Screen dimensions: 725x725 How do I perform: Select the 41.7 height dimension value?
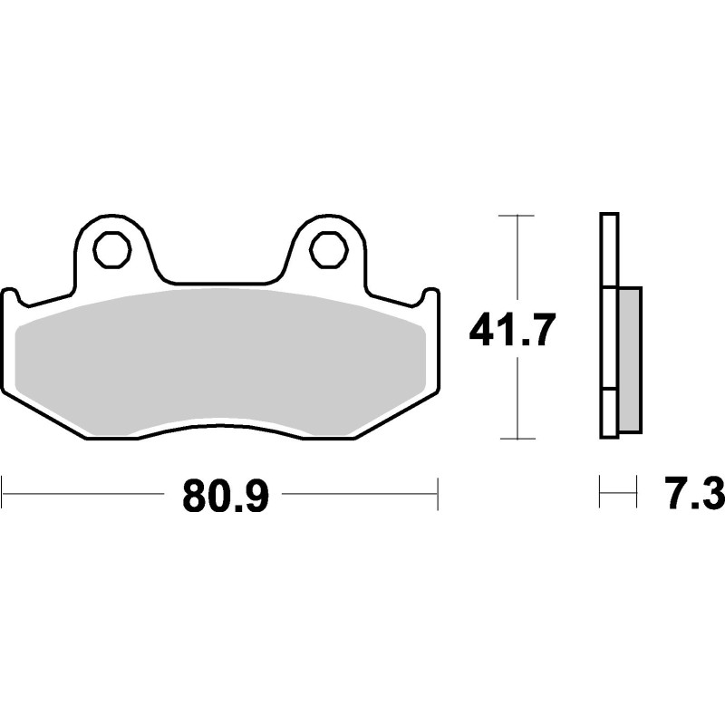pos(509,333)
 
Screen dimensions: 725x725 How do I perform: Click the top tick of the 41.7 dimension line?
pos(517,216)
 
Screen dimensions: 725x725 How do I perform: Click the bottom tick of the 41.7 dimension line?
pos(517,439)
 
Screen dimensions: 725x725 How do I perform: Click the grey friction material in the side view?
pos(630,357)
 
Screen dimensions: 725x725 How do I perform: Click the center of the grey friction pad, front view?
pos(222,357)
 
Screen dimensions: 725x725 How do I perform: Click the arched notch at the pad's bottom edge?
pos(222,425)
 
